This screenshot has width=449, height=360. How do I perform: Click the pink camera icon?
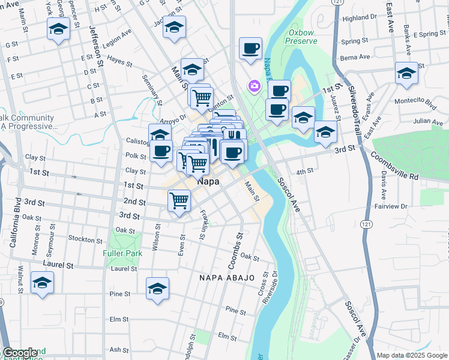[x=255, y=87]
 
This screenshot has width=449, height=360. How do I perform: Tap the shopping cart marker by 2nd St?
[x=179, y=200]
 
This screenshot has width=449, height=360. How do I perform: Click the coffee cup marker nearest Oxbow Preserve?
[x=250, y=49]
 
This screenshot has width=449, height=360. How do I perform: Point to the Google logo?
[x=20, y=353]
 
